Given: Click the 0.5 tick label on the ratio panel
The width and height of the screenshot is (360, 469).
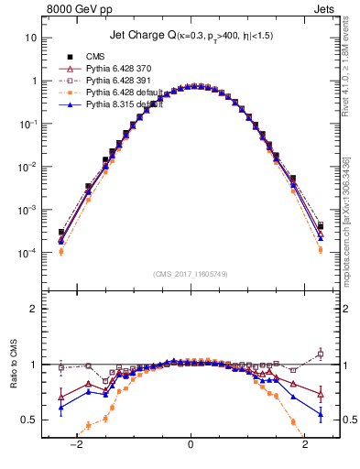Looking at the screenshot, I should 27,420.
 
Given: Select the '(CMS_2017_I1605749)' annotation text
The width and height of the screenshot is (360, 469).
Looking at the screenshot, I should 191,274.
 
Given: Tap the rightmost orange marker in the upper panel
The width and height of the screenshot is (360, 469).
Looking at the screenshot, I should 320,249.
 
